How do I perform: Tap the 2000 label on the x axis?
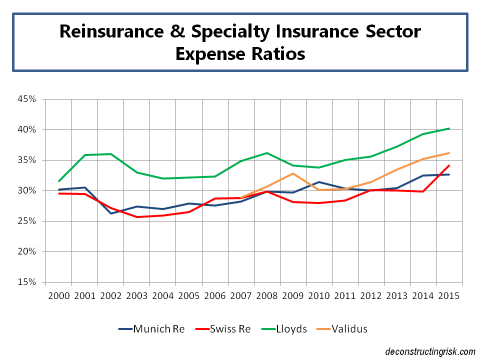(58, 295)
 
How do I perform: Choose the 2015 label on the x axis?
(449, 295)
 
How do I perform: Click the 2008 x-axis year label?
(267, 295)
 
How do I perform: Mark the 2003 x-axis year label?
(136, 295)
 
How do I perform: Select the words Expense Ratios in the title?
(240, 53)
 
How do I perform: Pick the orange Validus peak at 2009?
(293, 173)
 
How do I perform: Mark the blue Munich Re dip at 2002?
(110, 213)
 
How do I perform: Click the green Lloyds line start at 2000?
(58, 181)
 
